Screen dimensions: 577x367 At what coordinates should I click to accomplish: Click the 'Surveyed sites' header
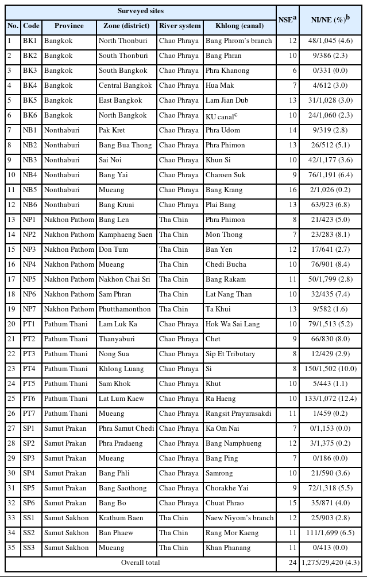coord(141,11)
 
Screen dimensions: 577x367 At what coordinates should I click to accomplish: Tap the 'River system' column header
coord(180,26)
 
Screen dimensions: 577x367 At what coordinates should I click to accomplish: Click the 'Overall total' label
coord(140,563)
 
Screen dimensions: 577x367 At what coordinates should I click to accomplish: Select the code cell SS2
coord(31,533)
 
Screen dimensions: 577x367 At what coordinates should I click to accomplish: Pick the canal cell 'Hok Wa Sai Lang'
coord(233,324)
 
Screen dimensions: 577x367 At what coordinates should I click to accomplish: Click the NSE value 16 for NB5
coord(293,190)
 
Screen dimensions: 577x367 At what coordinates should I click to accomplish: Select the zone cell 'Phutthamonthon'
coord(125,309)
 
